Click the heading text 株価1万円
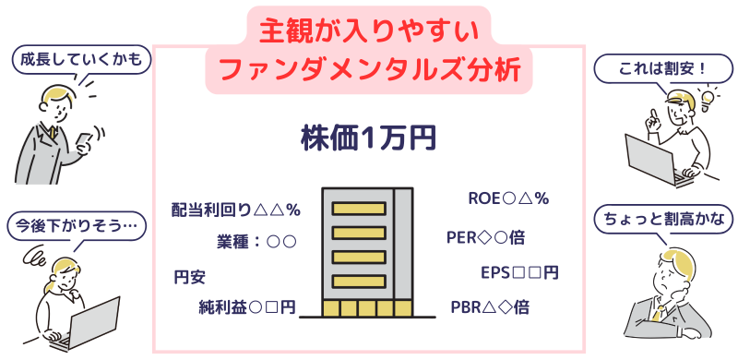(368, 138)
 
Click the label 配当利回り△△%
(237, 210)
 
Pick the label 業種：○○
(256, 242)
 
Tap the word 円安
(189, 275)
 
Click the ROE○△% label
(508, 197)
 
